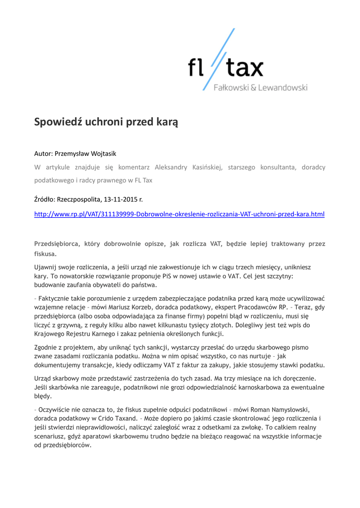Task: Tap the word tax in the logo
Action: (245, 68)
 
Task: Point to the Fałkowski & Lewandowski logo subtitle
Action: (260, 88)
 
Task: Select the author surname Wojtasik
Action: (101, 154)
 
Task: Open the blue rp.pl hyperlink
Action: (179, 214)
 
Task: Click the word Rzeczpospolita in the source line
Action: (79, 199)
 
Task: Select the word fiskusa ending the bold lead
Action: (45, 254)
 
